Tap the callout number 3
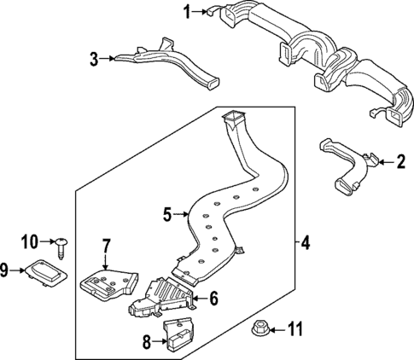[x=95, y=58]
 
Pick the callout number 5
[x=168, y=214]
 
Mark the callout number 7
[x=106, y=247]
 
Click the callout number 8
[x=145, y=343]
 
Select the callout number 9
[x=4, y=271]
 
